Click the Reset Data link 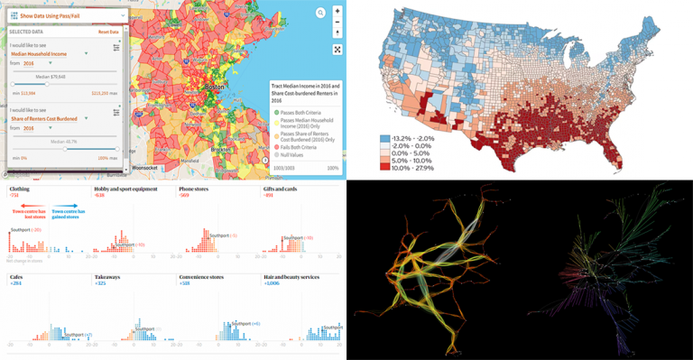pos(108,32)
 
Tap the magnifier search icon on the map pos(319,13)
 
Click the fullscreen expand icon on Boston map pos(337,50)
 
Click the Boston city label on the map pos(215,87)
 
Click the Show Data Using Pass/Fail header pos(63,14)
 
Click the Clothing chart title pos(19,189)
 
